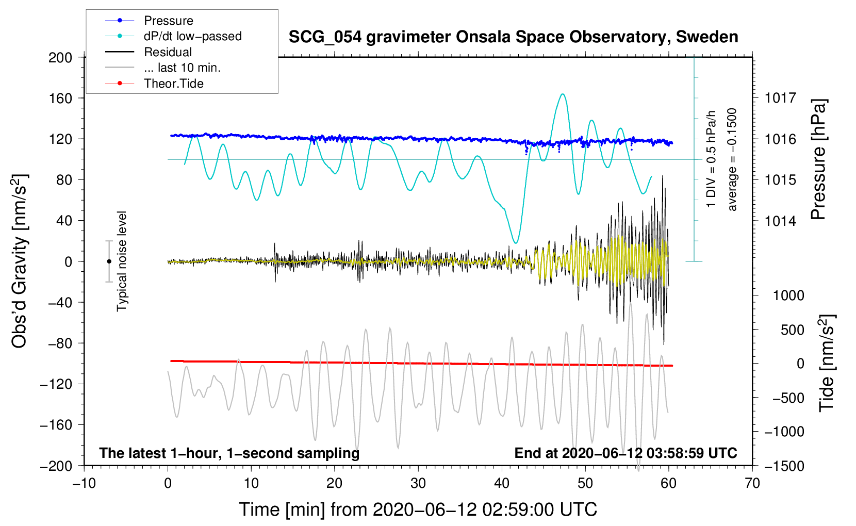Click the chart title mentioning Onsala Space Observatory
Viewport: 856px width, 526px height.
513,37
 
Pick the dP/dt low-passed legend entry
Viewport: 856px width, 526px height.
192,36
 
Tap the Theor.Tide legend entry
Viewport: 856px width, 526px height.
173,84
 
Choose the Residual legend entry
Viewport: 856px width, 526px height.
168,52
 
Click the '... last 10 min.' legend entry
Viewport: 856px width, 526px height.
182,68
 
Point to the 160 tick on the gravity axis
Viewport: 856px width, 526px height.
60,98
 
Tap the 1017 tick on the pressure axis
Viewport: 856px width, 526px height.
780,98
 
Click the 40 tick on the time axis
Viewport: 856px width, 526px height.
502,483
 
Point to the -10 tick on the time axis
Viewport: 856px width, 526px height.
84,483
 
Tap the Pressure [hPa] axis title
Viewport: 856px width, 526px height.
818,160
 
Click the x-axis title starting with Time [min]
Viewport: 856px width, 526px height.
418,509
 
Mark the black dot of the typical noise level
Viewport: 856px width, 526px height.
109,261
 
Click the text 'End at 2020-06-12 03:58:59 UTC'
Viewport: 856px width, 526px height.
625,453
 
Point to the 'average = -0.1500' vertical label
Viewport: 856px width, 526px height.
732,160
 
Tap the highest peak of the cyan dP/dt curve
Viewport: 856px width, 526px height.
563,94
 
